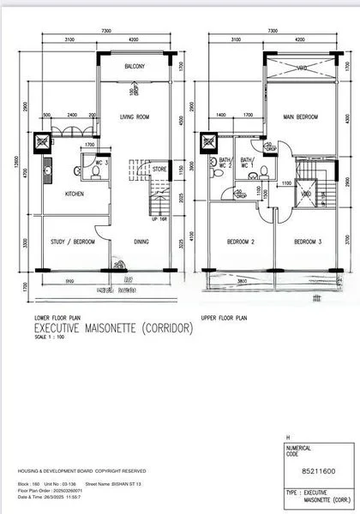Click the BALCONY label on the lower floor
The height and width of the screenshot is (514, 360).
[x=134, y=67]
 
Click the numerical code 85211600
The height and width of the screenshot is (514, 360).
[x=312, y=468]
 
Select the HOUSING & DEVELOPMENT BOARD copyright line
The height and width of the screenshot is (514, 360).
[x=81, y=471]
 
